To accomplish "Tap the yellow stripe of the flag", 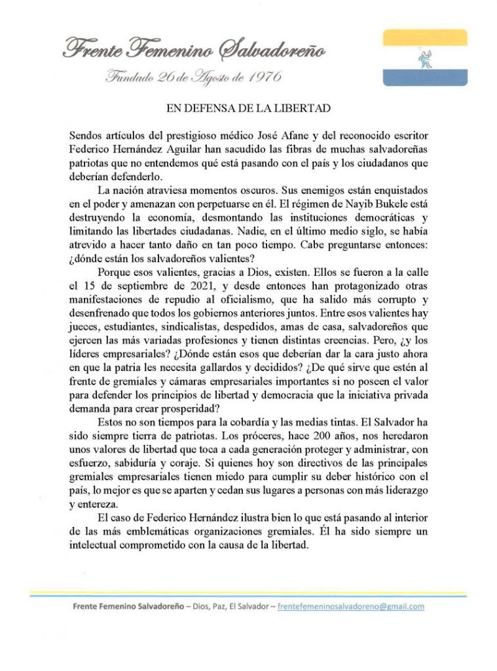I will click(x=424, y=37).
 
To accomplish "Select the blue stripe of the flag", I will click(x=424, y=78).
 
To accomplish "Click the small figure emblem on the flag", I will click(x=424, y=58).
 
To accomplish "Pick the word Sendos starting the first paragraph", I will click(x=86, y=135).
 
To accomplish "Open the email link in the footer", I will click(x=351, y=607).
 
